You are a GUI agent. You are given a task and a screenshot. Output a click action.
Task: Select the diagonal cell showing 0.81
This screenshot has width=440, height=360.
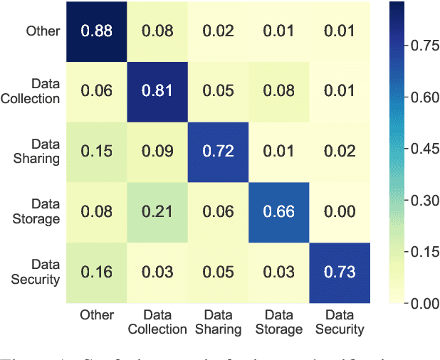(157, 91)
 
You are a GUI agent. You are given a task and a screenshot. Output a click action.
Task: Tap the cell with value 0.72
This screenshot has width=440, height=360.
(217, 152)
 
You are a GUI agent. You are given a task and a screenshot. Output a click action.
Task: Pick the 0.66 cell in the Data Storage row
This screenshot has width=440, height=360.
(278, 212)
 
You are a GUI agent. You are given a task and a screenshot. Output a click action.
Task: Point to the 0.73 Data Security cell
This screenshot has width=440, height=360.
(339, 272)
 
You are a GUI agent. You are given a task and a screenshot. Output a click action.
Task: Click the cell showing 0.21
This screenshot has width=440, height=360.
(157, 212)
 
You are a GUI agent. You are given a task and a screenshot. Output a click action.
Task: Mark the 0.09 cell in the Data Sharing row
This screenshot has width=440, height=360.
(157, 152)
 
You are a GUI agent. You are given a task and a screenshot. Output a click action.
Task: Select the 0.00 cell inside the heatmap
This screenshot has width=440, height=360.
(339, 212)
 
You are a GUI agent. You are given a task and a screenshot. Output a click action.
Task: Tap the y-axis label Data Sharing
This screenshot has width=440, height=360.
(36, 152)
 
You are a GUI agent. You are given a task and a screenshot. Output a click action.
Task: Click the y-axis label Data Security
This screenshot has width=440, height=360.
(36, 272)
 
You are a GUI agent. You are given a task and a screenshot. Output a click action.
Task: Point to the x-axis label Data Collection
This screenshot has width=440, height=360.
(157, 321)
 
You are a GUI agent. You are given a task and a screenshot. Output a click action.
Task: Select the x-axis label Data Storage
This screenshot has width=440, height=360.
(278, 321)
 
